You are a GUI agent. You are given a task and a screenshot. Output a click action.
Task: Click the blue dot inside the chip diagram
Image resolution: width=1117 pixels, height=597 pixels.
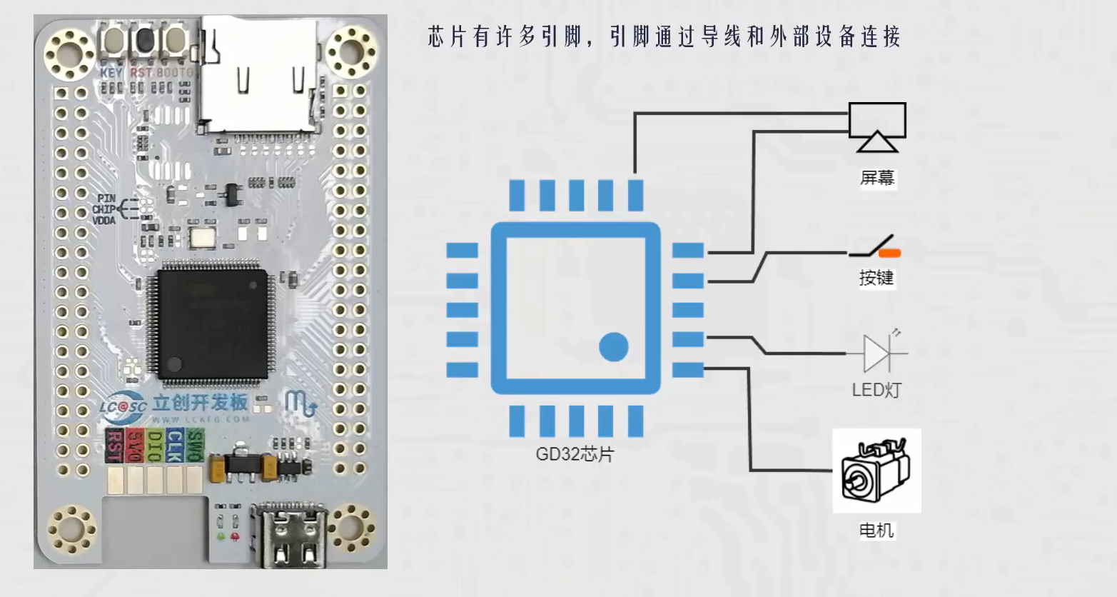coord(613,348)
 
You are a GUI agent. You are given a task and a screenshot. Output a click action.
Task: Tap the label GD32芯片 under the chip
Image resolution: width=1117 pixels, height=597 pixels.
coord(575,454)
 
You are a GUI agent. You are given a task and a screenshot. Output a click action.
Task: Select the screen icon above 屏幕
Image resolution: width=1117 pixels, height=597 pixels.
coord(876,126)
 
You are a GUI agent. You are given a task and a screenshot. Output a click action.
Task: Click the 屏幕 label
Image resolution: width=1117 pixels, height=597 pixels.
coord(877,177)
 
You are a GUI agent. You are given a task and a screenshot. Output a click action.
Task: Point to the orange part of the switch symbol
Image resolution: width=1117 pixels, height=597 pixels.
coord(889,253)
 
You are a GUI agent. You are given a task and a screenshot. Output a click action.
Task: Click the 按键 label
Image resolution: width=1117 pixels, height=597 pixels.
coord(876,277)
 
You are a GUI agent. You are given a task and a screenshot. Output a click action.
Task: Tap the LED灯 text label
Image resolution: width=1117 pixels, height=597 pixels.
coord(876,390)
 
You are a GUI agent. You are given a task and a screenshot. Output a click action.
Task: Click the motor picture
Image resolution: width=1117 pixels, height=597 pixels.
coord(876,471)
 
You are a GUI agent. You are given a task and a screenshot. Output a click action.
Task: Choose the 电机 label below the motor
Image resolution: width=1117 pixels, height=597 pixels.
coord(876,530)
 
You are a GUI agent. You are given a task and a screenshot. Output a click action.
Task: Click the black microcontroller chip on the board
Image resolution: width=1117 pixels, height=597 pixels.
coord(209,319)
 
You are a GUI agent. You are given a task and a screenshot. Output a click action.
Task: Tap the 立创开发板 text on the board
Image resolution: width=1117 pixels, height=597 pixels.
coord(200,402)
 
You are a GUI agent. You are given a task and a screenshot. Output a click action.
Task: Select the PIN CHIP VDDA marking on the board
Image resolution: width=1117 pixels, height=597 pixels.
coord(104,209)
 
